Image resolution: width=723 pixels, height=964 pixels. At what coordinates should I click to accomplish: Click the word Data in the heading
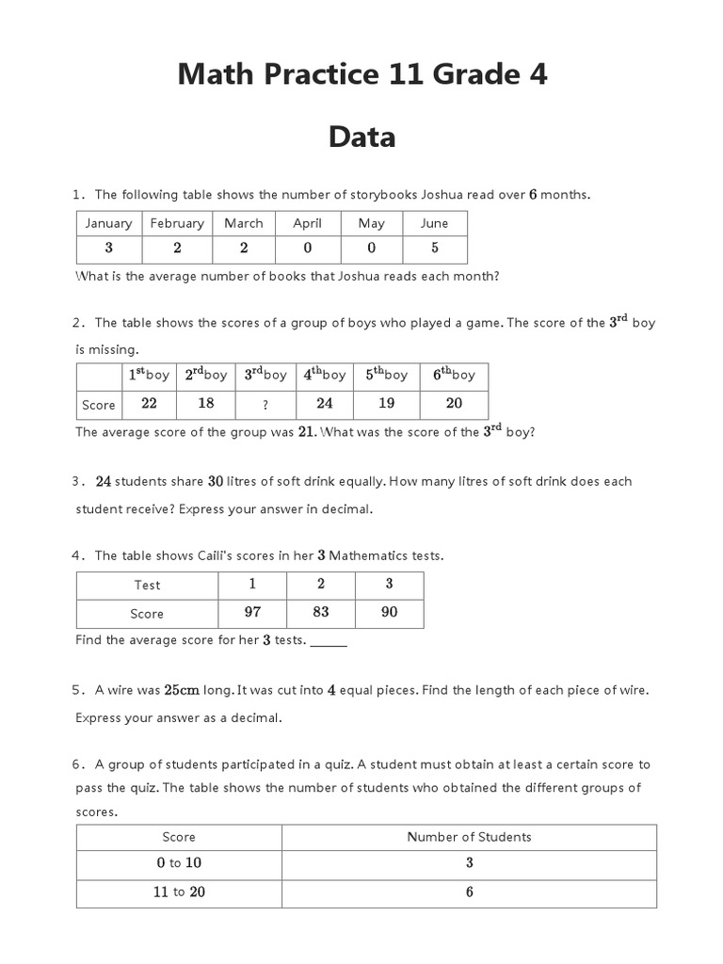pos(361,137)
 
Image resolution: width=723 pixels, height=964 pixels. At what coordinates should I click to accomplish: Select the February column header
pos(176,223)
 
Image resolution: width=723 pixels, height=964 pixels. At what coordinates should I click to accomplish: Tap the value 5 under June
pos(434,249)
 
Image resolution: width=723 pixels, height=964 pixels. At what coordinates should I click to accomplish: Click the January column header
pos(108,223)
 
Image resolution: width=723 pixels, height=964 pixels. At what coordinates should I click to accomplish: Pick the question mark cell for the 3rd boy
pos(265,405)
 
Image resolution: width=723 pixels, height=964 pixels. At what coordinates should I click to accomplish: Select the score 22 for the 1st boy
pos(149,403)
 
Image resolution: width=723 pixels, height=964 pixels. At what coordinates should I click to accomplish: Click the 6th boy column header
pos(454,375)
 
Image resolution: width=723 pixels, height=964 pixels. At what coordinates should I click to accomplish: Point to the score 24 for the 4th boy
pos(325,403)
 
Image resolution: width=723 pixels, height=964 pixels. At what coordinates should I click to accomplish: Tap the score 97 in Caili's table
pos(252,612)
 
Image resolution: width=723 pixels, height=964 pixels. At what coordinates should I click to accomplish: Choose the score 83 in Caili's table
pos(321,612)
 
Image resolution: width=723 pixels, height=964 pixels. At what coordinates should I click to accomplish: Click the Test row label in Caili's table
pos(147,585)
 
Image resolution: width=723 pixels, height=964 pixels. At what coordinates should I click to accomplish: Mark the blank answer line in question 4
pos(329,642)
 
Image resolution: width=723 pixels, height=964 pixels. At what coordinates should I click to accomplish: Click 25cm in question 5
pos(182,690)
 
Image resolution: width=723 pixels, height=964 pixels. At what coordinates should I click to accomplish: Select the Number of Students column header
pos(469,837)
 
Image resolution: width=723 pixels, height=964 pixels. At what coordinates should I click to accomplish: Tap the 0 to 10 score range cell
pos(179,863)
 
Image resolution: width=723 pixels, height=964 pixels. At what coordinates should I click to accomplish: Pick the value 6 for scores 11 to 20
pos(469,892)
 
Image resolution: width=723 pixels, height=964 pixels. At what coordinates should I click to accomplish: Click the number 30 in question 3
pos(216,481)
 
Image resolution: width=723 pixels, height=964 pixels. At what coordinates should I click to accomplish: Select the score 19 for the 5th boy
pos(386,403)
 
